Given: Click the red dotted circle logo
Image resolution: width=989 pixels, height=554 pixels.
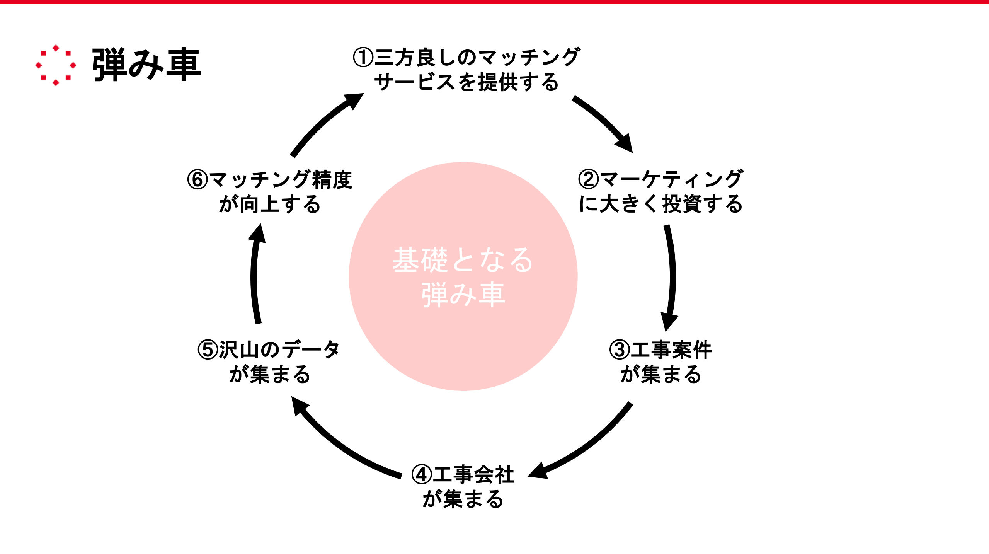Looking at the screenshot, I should point(56,65).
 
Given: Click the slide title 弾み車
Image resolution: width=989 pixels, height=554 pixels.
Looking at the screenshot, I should point(146,65).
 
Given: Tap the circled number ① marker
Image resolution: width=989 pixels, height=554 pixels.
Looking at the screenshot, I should point(363,58).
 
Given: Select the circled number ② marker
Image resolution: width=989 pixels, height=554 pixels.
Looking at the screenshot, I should point(588,179).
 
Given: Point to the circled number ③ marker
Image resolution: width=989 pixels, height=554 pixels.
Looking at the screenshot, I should point(620,349).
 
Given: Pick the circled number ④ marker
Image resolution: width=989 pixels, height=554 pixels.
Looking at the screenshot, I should point(421,474).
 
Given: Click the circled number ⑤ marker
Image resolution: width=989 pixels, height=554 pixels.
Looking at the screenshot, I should point(208,349).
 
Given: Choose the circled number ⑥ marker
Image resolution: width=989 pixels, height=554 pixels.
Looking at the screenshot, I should point(197,179).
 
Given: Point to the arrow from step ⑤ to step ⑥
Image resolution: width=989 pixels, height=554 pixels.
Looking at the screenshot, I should point(254,274).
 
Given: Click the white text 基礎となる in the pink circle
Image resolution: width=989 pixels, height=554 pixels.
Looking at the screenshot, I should point(463,260).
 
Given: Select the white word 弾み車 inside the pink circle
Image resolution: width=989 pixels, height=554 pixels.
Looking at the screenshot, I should point(463,295).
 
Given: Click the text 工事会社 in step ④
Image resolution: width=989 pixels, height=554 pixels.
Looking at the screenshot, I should point(473,474).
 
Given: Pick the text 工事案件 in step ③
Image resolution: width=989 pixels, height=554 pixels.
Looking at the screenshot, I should point(671,349).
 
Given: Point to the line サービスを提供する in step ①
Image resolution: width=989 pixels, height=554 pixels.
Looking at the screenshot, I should point(466,82).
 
